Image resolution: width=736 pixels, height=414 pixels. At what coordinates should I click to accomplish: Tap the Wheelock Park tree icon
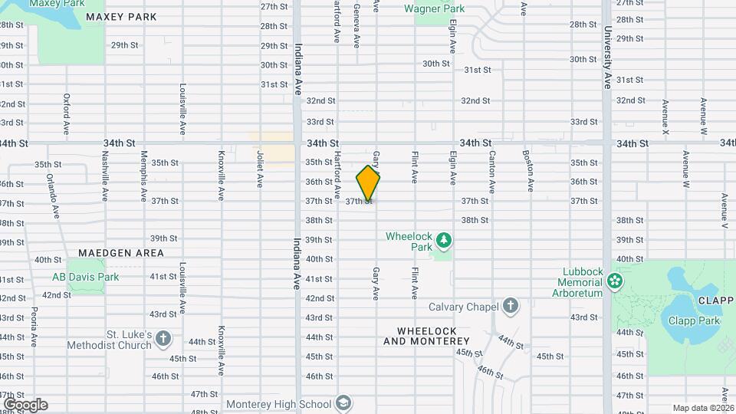point(443,242)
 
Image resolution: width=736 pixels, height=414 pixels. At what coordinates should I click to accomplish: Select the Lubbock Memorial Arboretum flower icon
point(614,282)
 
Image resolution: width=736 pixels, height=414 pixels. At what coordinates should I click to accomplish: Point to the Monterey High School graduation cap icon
point(345,404)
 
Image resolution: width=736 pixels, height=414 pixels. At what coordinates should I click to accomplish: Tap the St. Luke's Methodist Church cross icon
point(163,338)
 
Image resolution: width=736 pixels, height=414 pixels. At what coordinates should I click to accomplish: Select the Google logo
point(25,404)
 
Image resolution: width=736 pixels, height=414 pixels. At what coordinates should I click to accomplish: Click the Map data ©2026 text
point(702,408)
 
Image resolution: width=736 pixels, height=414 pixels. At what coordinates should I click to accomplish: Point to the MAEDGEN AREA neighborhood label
point(120,252)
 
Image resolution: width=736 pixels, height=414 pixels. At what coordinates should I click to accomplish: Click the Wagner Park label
point(434,9)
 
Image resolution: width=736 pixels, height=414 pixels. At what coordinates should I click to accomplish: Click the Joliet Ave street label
point(261,169)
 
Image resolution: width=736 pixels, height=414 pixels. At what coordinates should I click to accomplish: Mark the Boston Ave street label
point(529,171)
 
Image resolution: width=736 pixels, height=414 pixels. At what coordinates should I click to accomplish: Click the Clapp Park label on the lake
point(694,320)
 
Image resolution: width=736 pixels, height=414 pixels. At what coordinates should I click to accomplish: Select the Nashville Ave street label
point(105,169)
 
